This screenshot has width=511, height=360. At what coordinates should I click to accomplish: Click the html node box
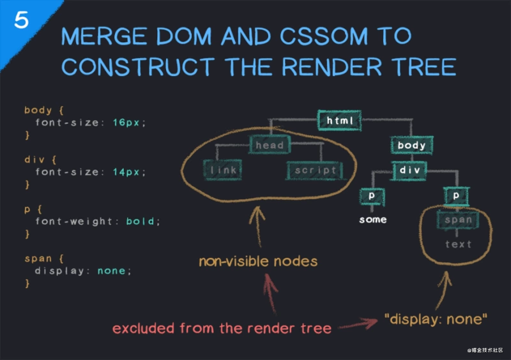point(340,120)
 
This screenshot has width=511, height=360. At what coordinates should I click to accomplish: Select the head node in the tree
point(270,145)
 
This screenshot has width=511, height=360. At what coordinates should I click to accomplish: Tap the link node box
point(223,170)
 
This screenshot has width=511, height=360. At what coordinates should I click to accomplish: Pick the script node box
point(315,170)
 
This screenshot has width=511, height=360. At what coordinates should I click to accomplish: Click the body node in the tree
point(411,146)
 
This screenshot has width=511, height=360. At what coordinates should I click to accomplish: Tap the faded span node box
point(458,220)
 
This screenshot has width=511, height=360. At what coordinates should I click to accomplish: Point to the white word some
point(372,220)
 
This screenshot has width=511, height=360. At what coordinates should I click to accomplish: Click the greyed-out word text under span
point(458,244)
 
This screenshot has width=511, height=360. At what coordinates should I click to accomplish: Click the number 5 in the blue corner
point(21,20)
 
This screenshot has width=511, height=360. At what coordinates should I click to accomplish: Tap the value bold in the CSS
point(140,221)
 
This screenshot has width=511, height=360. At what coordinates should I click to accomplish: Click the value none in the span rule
point(111,271)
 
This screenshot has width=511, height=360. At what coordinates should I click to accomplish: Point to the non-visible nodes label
point(257,261)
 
